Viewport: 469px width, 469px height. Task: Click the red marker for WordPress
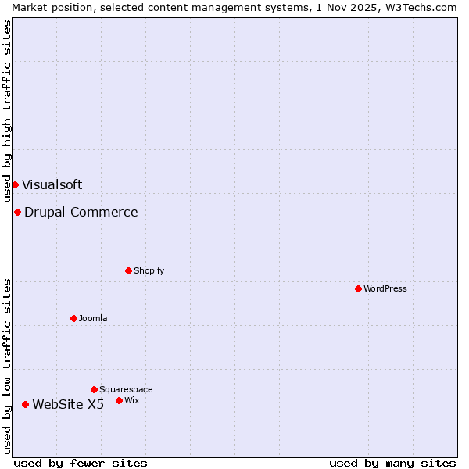(358, 288)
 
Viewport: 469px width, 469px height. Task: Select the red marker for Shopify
(128, 270)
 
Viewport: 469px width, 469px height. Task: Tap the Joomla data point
(73, 318)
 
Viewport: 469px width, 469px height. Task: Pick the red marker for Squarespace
(94, 389)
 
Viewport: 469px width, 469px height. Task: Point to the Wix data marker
(119, 400)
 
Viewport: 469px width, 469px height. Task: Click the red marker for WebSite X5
(25, 404)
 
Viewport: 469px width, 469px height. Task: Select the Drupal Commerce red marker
(17, 212)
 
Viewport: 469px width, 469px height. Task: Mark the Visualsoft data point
(15, 184)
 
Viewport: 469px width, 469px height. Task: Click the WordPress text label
(385, 288)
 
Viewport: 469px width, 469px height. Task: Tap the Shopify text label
(149, 270)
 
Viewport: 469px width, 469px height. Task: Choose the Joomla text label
(93, 318)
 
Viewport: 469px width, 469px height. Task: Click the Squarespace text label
(126, 389)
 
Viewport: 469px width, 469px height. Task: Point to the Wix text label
(132, 400)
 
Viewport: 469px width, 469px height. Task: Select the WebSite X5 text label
(68, 404)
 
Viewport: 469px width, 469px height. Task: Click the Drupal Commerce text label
(81, 212)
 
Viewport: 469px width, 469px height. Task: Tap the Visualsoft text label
(52, 184)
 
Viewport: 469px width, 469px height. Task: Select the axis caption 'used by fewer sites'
(81, 463)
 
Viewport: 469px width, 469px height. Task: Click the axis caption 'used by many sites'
(392, 463)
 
